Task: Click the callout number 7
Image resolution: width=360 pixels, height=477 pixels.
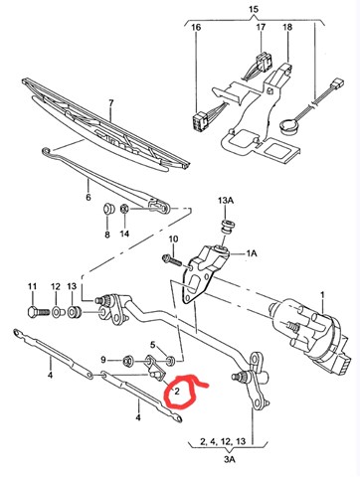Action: pos(111,102)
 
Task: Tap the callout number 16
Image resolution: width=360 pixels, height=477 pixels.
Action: pos(196,27)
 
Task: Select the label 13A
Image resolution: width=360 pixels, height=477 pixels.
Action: pos(226,201)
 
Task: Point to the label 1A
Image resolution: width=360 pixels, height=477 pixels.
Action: pos(252,253)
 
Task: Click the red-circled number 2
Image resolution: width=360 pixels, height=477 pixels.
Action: pos(177,392)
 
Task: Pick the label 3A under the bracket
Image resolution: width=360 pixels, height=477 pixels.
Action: pos(230,459)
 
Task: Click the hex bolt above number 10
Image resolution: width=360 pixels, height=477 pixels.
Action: pos(172,260)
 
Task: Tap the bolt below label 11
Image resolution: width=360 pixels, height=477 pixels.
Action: pos(38,312)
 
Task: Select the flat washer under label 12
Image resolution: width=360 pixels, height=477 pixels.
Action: pos(57,312)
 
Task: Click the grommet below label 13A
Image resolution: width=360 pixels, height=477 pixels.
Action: pos(227,226)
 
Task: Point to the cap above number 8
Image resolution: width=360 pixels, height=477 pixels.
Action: pos(107,209)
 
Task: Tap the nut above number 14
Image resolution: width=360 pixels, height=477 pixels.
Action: pos(124,209)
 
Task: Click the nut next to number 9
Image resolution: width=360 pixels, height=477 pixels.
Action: pos(127,361)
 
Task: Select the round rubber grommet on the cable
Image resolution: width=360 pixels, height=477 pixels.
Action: pos(288,126)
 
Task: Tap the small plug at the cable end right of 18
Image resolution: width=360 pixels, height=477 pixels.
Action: pos(338,81)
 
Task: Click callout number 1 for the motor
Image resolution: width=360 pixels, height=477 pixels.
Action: pos(322,295)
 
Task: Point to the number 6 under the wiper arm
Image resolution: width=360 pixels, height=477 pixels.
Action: pos(89,197)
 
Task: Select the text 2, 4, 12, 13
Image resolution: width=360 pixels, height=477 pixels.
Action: pos(223,441)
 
